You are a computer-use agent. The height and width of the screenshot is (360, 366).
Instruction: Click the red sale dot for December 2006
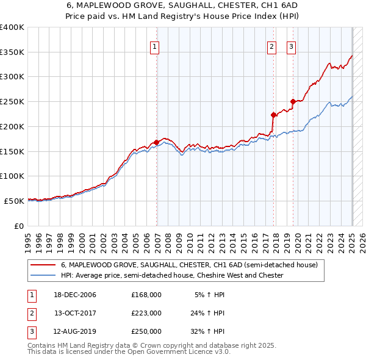(157, 142)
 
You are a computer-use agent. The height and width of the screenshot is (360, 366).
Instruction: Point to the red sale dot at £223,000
(273, 114)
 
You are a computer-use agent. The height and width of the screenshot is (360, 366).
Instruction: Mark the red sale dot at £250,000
(293, 101)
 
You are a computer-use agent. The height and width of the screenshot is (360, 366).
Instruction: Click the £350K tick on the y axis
(12, 52)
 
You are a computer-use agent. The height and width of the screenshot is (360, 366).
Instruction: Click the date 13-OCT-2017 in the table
(75, 313)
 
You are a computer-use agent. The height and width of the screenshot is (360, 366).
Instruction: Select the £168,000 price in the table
(146, 295)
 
